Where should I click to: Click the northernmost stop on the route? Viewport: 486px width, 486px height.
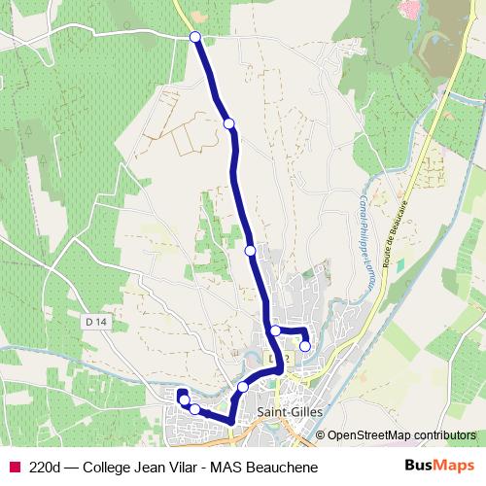pos(195,37)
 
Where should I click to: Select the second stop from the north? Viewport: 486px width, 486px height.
pos(229,123)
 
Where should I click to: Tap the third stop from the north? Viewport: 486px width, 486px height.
pos(251,251)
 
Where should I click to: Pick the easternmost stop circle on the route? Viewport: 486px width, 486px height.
pos(305,346)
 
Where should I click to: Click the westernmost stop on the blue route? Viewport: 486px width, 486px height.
pos(184,399)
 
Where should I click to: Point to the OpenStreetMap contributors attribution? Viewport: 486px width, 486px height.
pos(401,434)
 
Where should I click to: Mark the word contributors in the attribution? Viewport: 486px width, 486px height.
pos(442,434)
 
